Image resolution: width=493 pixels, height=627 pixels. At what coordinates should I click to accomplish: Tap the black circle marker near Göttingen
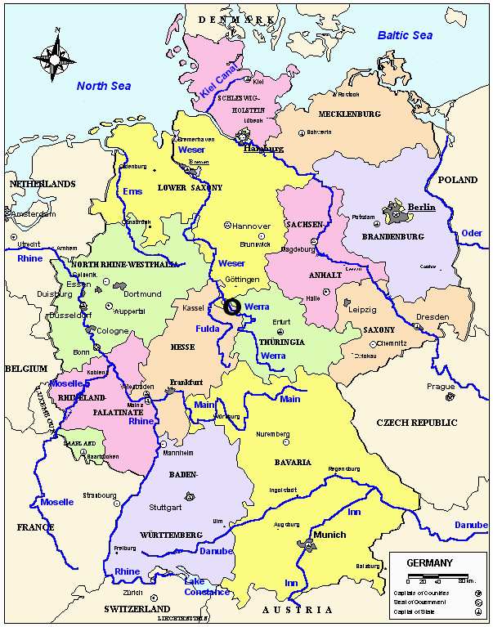point(232,307)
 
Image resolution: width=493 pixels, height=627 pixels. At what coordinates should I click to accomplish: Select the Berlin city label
point(422,207)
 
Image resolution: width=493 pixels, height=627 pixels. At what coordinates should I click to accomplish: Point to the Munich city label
point(329,535)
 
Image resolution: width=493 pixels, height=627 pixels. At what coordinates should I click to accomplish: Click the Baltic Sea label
point(405,35)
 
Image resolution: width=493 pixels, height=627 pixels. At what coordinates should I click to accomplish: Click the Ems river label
point(132,191)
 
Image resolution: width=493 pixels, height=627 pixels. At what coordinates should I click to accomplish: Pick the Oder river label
point(471,233)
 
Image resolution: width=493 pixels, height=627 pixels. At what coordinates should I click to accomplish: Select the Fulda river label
point(208,329)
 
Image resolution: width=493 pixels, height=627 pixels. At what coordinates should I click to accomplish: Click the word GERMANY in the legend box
point(429,563)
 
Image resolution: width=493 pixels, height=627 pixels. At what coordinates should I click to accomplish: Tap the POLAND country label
point(458,180)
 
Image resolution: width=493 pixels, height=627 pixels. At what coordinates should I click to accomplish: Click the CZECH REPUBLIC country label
point(413,423)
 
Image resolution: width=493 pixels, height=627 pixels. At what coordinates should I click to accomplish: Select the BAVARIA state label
point(293,463)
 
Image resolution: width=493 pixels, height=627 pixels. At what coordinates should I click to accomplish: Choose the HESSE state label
point(182,347)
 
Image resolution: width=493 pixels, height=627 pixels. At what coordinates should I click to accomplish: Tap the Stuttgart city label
point(165,507)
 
